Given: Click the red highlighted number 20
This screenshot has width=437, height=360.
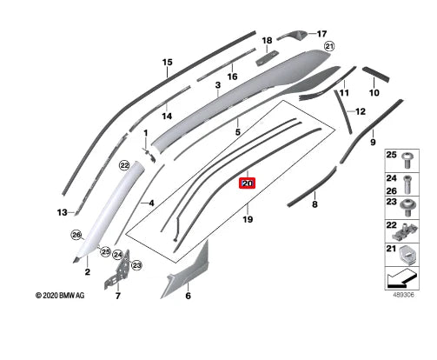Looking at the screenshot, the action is pos(247,183).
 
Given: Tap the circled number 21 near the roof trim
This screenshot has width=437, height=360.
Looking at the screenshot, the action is pos(329,46).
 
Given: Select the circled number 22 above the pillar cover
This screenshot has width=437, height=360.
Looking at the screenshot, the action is pos(124,166).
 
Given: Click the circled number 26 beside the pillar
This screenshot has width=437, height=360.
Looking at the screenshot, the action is pos(76,235).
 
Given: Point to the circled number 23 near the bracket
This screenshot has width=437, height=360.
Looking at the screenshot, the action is pos(136,265).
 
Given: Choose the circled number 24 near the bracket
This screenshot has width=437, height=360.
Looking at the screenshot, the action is pos(118,255).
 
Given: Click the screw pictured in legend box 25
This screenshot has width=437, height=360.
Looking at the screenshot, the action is pos(407,160).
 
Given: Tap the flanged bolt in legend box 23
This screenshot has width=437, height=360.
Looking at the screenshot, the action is pos(407,208).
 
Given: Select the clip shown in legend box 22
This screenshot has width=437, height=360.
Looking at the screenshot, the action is pos(405,231).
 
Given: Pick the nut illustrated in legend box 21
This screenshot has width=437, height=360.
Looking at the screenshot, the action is pos(408,255).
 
